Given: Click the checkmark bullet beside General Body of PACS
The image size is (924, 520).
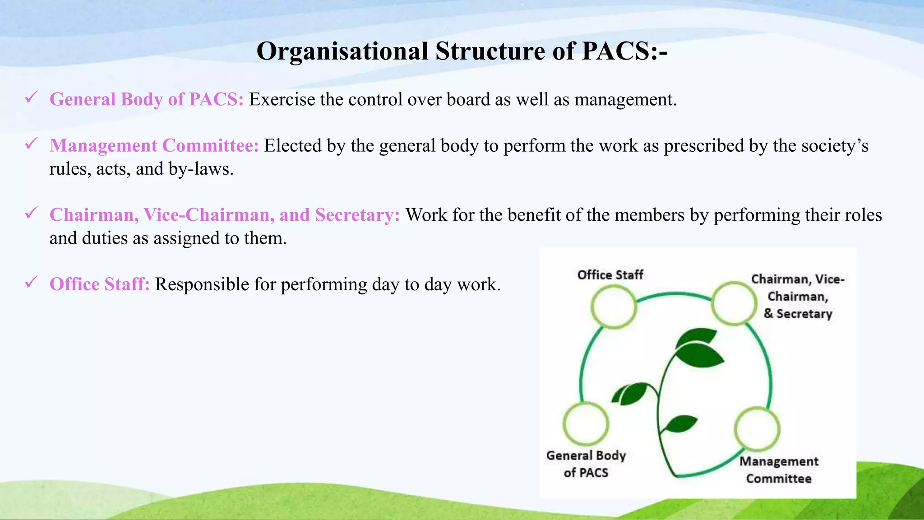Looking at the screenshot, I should [31, 97].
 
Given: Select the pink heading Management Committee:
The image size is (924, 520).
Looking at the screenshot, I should [154, 146].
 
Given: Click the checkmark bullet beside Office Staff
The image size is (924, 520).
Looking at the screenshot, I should [31, 283].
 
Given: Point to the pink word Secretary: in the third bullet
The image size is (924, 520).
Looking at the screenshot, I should [357, 215].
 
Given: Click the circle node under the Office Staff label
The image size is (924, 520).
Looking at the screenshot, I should [613, 306].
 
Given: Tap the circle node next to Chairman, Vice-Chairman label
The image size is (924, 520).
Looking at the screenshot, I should [734, 303].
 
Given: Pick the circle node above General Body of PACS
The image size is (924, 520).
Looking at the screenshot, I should [586, 424].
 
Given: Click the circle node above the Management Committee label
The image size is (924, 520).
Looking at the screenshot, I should [757, 429].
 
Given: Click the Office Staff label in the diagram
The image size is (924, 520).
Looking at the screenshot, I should [610, 275].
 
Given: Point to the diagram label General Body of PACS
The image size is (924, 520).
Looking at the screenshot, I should [586, 464].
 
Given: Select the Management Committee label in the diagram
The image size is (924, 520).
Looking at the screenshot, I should [779, 470].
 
